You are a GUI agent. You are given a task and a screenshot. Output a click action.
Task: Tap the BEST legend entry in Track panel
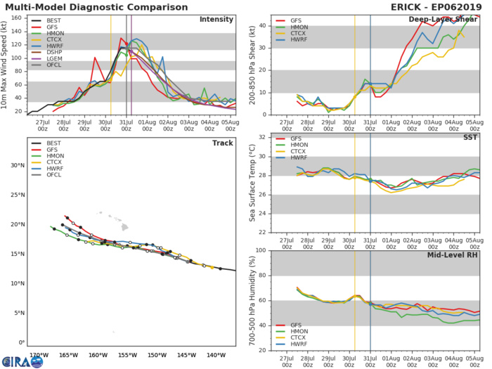coord(44,145)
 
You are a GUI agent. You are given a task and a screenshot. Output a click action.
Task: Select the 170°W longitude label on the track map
coord(39,355)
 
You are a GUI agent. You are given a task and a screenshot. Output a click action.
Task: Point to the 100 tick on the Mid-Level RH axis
coord(259,250)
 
